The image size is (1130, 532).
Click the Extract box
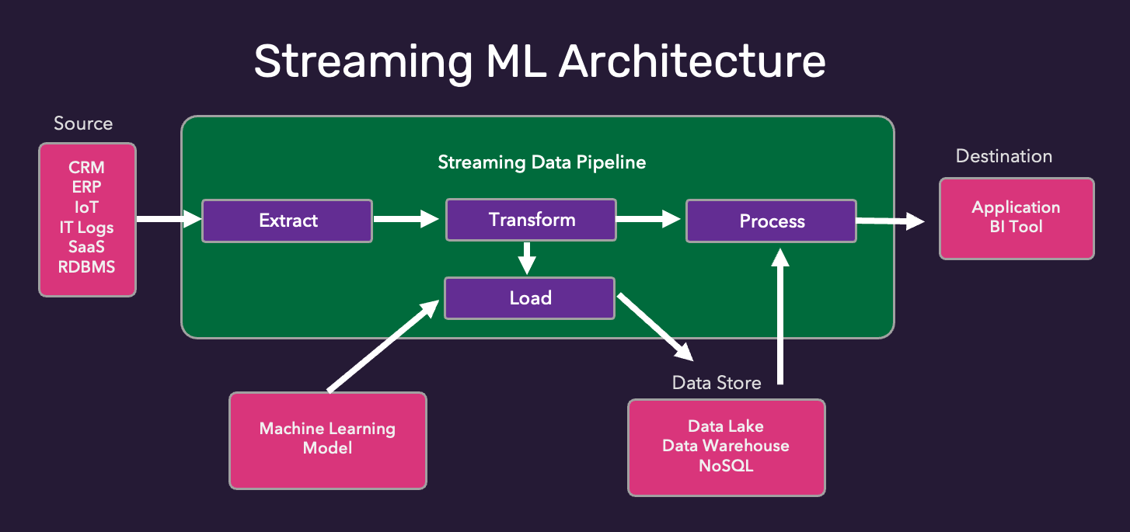pos(287,221)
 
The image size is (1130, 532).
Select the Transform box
pos(531,220)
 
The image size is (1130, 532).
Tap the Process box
pos(771,221)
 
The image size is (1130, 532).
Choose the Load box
pos(529,298)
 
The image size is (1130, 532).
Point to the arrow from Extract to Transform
pos(406,220)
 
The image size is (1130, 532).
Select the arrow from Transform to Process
pos(649,221)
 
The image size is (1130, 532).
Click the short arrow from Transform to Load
pos(528,258)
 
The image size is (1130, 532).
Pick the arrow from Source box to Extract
pos(168,220)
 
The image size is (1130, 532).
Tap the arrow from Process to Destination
pos(890,222)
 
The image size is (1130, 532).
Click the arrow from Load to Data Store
pos(654,327)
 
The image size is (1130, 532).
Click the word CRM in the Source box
pos(86,168)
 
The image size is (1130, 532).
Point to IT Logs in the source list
pos(86,228)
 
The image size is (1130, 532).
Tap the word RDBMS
pos(86,267)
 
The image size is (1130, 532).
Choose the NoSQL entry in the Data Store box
pos(726,466)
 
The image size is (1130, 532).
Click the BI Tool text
pos(1016,228)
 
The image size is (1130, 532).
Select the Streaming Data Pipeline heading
pos(542,162)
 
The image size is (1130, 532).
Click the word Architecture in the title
pos(692,61)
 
